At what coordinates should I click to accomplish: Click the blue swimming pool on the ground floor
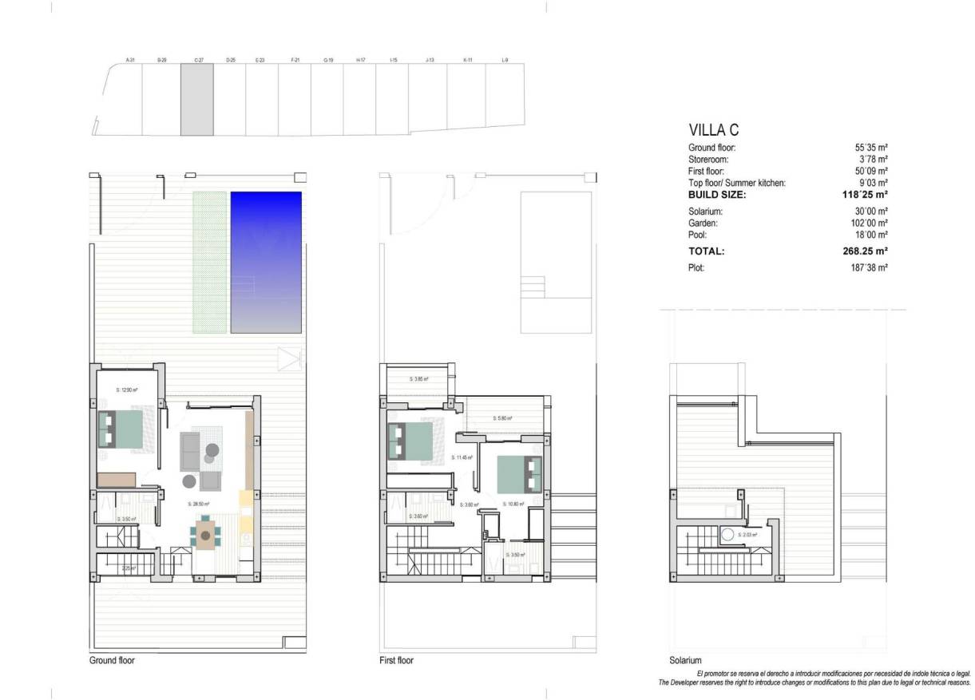(x=266, y=262)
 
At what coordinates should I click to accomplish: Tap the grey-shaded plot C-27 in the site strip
(x=197, y=100)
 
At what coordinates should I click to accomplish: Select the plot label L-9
(x=505, y=60)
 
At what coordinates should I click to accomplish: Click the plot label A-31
(x=130, y=60)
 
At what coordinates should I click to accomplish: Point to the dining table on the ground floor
(x=206, y=533)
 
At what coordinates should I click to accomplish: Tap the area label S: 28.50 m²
(x=198, y=504)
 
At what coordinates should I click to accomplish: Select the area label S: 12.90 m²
(x=126, y=390)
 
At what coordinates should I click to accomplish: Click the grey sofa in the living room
(x=190, y=450)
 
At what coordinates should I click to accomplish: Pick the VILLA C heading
(x=716, y=130)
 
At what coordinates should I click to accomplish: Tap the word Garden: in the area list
(x=704, y=223)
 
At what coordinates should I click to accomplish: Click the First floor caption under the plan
(x=397, y=661)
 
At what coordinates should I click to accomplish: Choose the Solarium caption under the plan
(x=685, y=661)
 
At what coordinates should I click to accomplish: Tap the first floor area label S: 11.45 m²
(x=463, y=457)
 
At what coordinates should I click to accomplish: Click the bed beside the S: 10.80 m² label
(x=517, y=474)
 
